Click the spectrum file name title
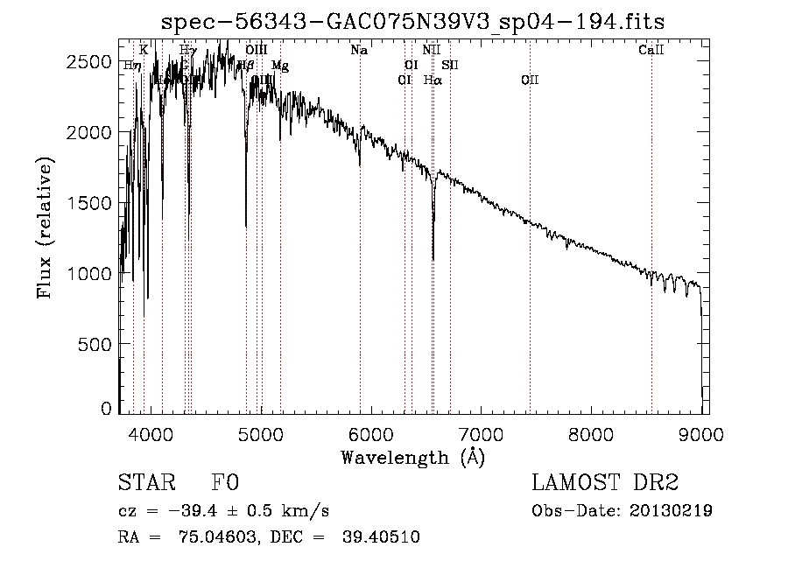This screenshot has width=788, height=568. tap(413, 22)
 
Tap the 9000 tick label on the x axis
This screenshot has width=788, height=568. tap(701, 432)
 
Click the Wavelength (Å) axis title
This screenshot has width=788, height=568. tap(412, 457)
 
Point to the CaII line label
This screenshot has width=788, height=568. tap(651, 51)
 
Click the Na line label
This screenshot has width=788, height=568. tap(359, 51)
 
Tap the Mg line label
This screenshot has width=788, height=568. tap(279, 66)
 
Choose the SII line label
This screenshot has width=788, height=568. tap(450, 66)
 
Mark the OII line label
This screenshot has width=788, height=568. tap(530, 81)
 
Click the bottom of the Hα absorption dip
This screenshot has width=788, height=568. tap(433, 258)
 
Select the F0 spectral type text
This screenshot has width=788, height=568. tap(225, 483)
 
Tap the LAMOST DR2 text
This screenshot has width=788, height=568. tap(606, 483)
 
